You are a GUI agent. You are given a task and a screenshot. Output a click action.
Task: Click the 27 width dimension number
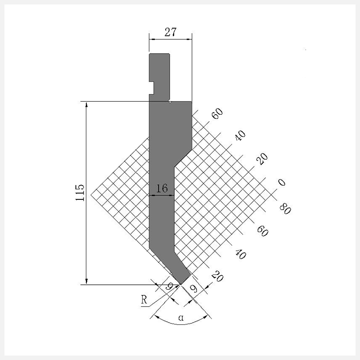(x=171, y=32)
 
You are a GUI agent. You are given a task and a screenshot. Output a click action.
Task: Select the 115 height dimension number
(x=80, y=193)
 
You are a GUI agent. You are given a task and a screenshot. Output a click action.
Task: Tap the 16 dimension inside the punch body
(x=162, y=188)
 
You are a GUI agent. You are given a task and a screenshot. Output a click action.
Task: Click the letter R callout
(x=144, y=300)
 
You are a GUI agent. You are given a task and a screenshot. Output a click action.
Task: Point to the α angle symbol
(x=181, y=318)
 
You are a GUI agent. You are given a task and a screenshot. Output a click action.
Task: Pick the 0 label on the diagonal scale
(x=282, y=182)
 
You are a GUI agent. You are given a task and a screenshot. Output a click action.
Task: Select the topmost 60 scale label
(x=217, y=113)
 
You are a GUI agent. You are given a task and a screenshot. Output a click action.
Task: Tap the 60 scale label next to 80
(x=262, y=231)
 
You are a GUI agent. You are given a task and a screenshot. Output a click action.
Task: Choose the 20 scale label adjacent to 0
(x=262, y=159)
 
